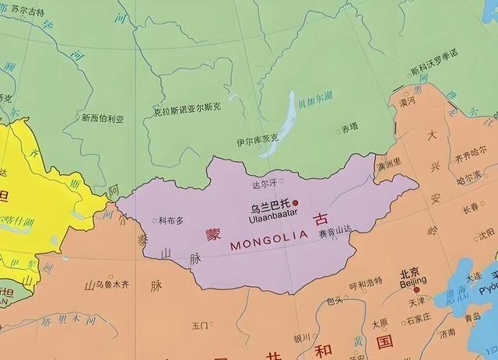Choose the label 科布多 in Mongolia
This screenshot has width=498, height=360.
[x=171, y=220]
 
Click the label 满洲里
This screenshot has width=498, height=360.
[x=389, y=166]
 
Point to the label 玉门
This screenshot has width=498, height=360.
[x=199, y=325]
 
